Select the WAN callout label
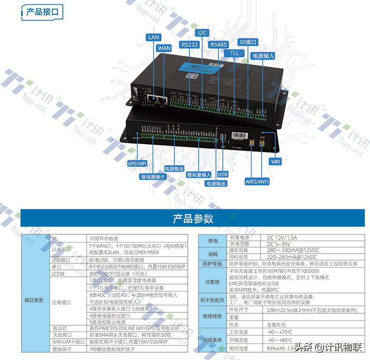point(164,48)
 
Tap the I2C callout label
point(203,33)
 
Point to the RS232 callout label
point(190,44)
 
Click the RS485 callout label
point(219,44)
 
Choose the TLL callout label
point(234,53)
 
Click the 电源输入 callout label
point(263,55)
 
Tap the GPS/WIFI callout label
point(137,163)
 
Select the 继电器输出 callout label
point(153,177)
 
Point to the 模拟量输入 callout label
point(199,175)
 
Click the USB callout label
point(222,174)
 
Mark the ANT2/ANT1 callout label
point(257,182)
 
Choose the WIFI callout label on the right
point(276,162)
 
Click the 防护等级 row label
point(212,264)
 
